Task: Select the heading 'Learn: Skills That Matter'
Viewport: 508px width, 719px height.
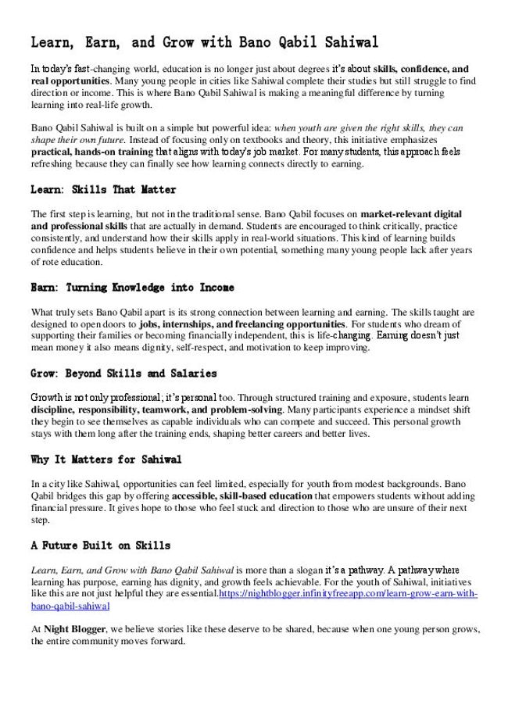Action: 103,190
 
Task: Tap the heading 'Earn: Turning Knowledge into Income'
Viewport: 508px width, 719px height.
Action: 132,288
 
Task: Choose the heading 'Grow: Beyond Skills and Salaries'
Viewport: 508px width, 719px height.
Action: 123,374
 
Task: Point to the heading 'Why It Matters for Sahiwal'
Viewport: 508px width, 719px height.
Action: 106,460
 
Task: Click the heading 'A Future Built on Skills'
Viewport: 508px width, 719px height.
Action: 100,546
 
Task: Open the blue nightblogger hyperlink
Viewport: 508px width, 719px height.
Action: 348,594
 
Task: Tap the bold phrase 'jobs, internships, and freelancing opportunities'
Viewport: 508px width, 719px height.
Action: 242,324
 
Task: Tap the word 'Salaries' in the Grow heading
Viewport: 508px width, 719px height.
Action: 191,374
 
